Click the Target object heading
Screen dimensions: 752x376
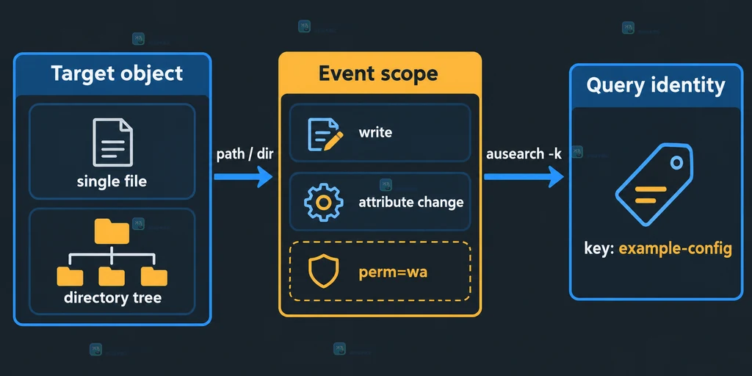117,74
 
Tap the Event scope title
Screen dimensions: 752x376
378,73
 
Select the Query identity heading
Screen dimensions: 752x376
655,85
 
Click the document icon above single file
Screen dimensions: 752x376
112,142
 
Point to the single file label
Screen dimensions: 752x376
112,182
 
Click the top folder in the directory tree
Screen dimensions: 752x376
112,231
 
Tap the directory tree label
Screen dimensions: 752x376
112,298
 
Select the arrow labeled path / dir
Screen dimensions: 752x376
243,177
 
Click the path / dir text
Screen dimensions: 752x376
245,155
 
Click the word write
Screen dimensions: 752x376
375,132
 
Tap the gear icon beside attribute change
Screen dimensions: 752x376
323,203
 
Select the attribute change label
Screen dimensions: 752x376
411,203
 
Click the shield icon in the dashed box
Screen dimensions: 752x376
323,271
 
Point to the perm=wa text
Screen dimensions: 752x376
393,272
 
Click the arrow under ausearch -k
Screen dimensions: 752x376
524,177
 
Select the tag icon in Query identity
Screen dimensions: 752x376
654,185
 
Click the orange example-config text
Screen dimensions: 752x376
675,250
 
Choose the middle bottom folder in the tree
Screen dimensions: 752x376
112,277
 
